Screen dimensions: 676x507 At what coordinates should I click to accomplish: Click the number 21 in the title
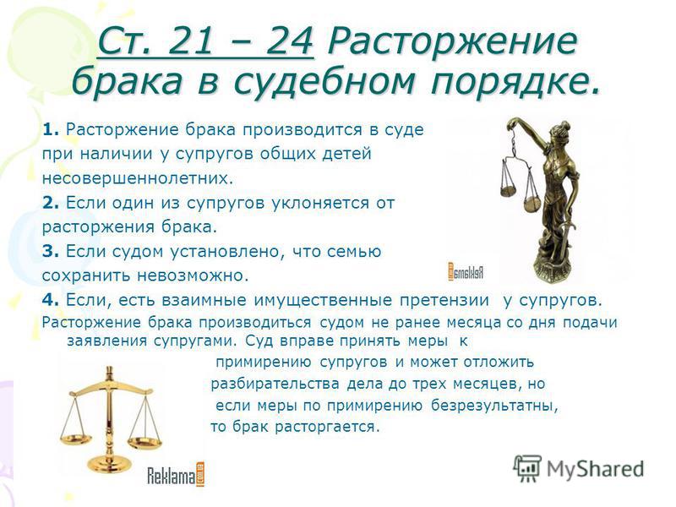190,41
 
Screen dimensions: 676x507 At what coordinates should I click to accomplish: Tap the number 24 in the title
289,41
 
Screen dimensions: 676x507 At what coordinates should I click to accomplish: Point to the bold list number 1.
50,129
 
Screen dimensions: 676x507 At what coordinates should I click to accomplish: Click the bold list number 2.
50,203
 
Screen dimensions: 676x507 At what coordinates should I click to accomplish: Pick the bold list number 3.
50,251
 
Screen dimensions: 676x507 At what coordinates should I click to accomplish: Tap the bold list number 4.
50,300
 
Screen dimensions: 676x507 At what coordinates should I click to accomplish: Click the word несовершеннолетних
138,178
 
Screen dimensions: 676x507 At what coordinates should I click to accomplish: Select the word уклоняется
320,203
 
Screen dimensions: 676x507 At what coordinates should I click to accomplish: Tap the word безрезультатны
494,406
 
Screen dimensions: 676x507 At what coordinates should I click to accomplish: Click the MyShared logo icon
526,469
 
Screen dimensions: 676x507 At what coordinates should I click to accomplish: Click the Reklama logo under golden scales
177,475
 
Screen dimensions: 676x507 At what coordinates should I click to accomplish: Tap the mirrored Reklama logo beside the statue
466,271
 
